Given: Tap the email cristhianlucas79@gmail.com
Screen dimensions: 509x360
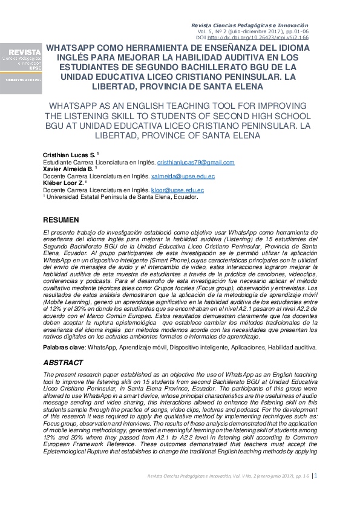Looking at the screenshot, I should [195, 163].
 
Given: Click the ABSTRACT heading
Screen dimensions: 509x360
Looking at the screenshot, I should [63, 363].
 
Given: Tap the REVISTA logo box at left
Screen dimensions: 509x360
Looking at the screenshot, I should [21, 68].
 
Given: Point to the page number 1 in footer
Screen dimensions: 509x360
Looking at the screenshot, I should [315, 476].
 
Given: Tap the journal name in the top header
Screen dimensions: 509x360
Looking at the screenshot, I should [250, 25].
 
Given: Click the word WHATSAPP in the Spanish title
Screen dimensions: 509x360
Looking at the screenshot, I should [69, 47].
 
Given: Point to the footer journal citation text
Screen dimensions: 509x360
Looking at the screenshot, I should [228, 476].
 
